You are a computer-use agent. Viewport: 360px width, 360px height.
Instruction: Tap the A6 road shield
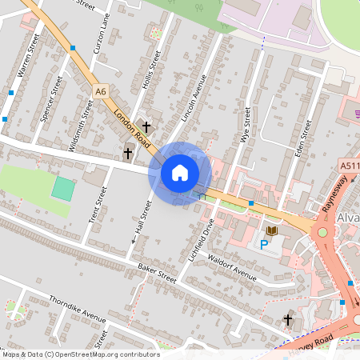tap(100, 92)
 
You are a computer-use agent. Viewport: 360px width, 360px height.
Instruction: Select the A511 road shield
tap(348, 166)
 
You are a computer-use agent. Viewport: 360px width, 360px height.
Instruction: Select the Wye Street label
tap(246, 126)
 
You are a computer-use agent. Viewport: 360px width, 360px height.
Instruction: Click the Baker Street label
tap(156, 272)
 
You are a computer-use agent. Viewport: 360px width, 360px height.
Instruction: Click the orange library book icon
tap(272, 231)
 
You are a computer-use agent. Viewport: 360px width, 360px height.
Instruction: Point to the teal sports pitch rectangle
tap(62, 189)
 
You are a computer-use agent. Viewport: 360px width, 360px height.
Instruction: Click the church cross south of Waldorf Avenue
tap(288, 320)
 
